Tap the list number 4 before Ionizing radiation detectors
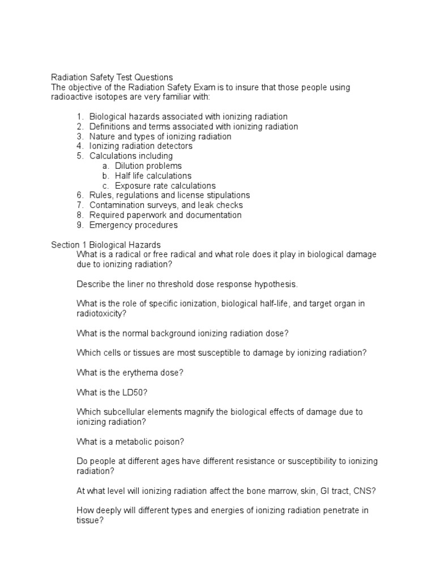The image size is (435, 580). pyautogui.click(x=80, y=146)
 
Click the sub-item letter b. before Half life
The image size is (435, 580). pyautogui.click(x=105, y=176)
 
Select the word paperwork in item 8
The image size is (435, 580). pyautogui.click(x=147, y=215)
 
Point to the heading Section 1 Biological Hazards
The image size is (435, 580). pyautogui.click(x=106, y=245)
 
